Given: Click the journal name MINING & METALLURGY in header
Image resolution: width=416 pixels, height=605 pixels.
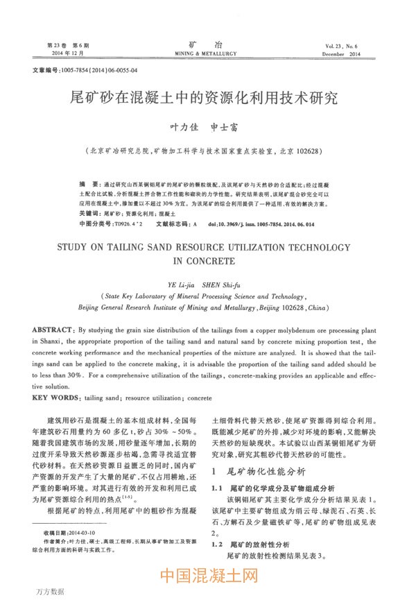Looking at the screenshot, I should coord(205,53).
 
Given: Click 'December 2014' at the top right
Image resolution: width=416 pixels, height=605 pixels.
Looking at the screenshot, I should coord(352,53).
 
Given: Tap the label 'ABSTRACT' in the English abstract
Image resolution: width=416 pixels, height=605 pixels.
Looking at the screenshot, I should coord(55,332).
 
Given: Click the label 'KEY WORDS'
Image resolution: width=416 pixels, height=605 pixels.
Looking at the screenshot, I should coord(57,400).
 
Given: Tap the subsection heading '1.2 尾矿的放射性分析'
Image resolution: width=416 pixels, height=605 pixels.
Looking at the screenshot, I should coord(251,545).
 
